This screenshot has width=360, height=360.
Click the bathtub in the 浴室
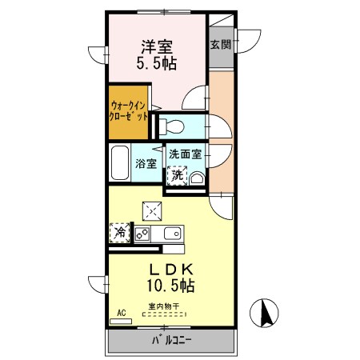pos(121,165)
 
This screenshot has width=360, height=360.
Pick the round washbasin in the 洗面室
pos(196,178)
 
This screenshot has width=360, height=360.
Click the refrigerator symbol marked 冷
pos(119,233)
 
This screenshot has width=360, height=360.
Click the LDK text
pos(169,268)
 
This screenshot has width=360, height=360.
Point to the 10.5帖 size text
pos(169,284)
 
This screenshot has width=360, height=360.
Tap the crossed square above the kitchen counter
pos(152,210)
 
